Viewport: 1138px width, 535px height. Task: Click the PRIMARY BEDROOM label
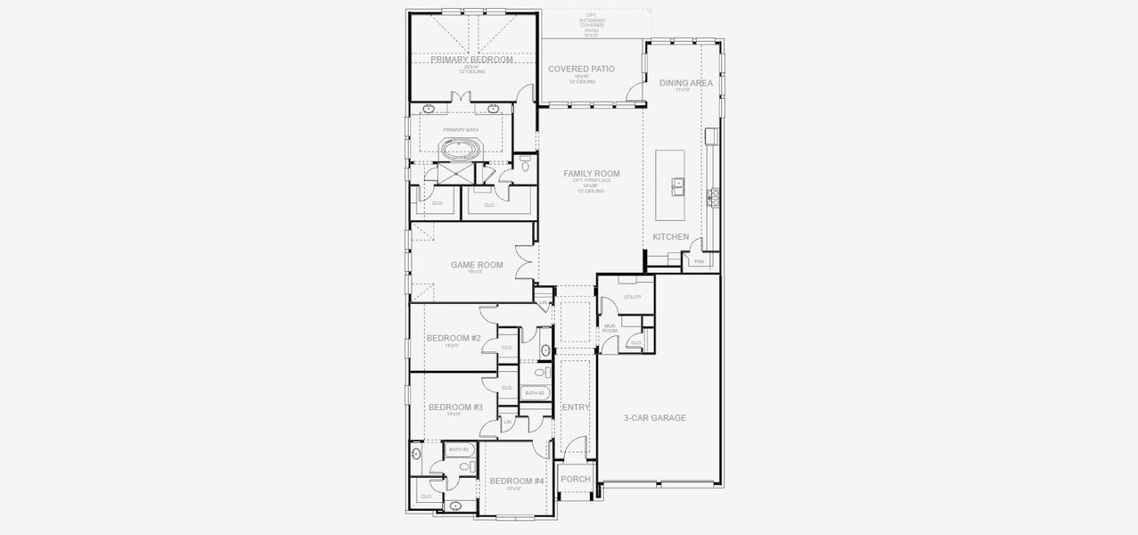pyautogui.click(x=472, y=60)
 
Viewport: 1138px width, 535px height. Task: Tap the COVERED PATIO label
pyautogui.click(x=581, y=69)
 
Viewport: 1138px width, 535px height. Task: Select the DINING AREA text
pyautogui.click(x=685, y=83)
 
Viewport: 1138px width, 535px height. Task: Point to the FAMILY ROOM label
pyautogui.click(x=591, y=174)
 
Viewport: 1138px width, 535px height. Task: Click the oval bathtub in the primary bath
pyautogui.click(x=460, y=148)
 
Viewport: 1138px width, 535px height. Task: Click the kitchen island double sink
pyautogui.click(x=678, y=185)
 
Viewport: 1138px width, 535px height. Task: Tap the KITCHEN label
pyautogui.click(x=670, y=236)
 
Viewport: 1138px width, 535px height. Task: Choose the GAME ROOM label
pyautogui.click(x=476, y=265)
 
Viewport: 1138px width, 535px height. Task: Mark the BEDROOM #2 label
pyautogui.click(x=453, y=338)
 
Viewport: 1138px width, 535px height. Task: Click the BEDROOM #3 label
pyautogui.click(x=454, y=407)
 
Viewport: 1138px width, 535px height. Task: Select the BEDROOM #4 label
pyautogui.click(x=516, y=481)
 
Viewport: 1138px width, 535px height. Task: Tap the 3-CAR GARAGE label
pyautogui.click(x=655, y=417)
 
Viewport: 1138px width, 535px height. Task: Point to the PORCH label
pyautogui.click(x=575, y=479)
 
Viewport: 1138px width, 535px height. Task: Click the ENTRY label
pyautogui.click(x=576, y=407)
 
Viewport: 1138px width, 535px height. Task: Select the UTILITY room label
pyautogui.click(x=632, y=297)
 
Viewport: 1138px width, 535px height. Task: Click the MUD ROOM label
pyautogui.click(x=610, y=328)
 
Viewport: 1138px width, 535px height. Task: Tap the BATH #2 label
pyautogui.click(x=534, y=393)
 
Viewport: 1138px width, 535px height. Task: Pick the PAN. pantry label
pyautogui.click(x=699, y=261)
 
